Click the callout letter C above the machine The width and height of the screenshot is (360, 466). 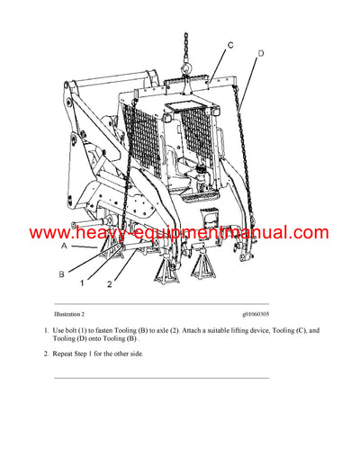[230, 45]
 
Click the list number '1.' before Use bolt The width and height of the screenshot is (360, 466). [46, 332]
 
